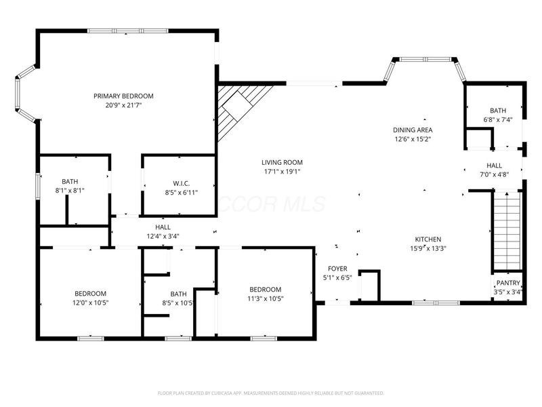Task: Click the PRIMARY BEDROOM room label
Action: [123, 96]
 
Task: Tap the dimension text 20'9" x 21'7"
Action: [123, 105]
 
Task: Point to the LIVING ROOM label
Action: [282, 162]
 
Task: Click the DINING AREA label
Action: [413, 130]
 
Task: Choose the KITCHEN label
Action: [428, 239]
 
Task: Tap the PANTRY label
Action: [507, 283]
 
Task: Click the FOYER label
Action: [337, 269]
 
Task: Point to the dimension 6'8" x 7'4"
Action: [498, 119]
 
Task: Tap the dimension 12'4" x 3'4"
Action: [163, 236]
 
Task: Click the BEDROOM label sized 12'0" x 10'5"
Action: [91, 293]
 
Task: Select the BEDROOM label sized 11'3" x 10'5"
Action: [264, 289]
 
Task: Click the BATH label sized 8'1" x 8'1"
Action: [70, 181]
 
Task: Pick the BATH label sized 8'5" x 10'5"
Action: [178, 294]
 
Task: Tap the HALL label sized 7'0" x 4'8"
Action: [494, 165]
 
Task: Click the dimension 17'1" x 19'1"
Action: [282, 172]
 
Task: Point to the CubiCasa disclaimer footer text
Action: [271, 393]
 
